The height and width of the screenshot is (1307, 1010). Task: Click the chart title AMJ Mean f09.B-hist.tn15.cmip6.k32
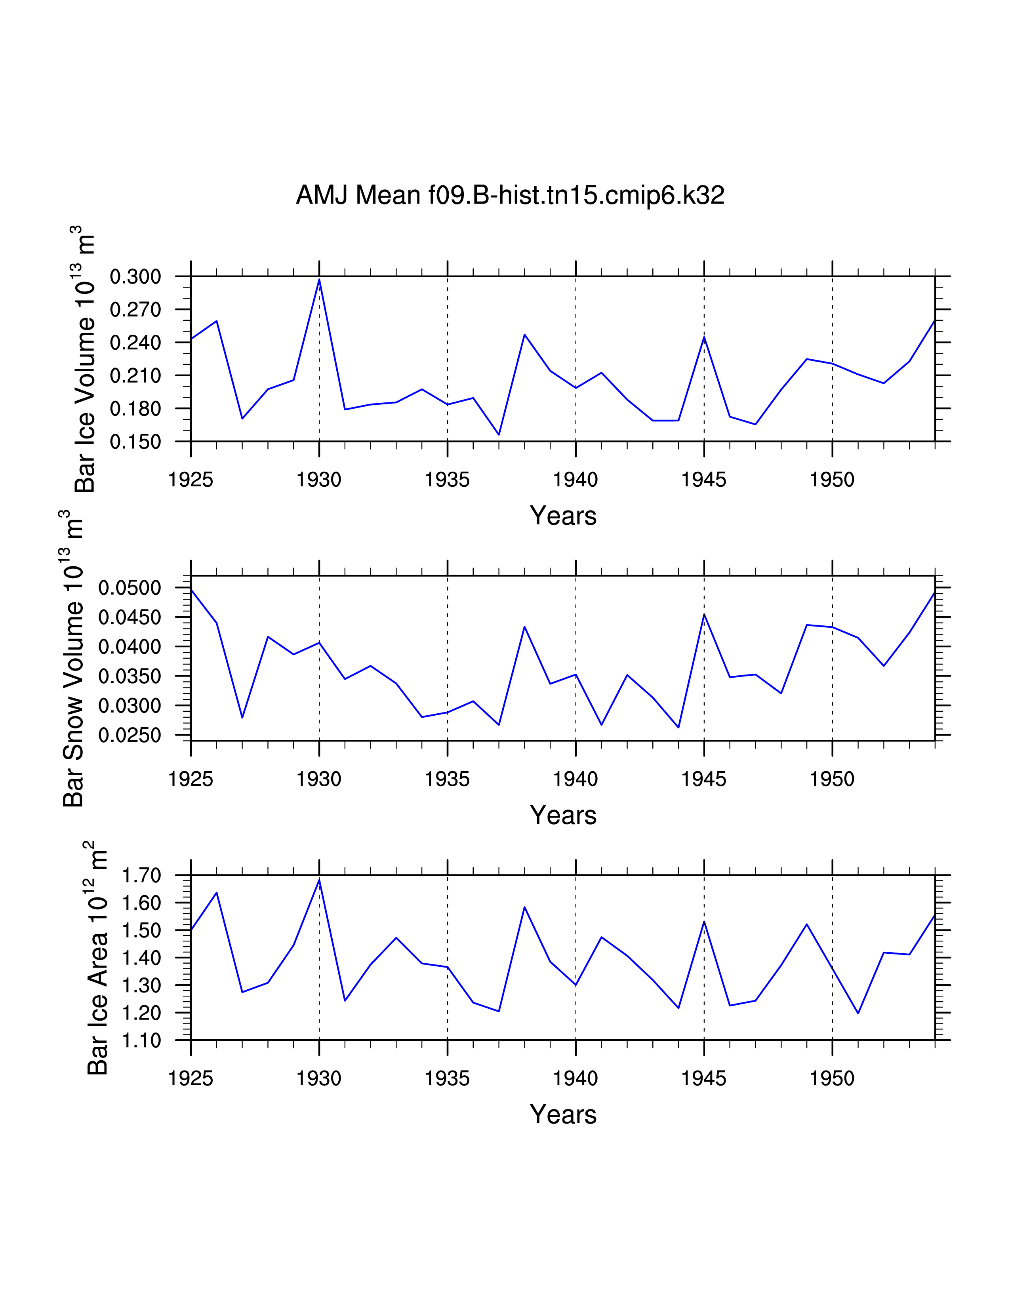(x=510, y=195)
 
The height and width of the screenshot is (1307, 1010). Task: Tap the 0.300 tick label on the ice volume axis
(x=135, y=277)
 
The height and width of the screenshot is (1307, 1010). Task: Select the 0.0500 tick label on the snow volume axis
(x=130, y=588)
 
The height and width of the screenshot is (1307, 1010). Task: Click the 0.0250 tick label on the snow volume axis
(x=130, y=735)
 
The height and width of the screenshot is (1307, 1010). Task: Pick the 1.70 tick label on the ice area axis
(x=141, y=876)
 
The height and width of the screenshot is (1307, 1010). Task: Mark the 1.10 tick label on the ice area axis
(x=141, y=1041)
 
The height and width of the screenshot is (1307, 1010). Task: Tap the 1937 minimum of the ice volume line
(x=499, y=434)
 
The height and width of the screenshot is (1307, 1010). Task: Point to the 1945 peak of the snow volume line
(x=704, y=614)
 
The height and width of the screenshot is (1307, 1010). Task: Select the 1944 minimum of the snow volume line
(x=678, y=728)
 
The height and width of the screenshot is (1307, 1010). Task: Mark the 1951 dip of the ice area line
(x=858, y=1013)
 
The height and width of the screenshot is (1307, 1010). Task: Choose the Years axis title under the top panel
(x=563, y=516)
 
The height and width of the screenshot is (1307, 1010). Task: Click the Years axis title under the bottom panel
(x=563, y=1114)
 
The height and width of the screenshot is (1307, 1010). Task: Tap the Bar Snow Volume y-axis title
(x=74, y=658)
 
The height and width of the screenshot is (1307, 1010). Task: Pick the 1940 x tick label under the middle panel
(x=575, y=779)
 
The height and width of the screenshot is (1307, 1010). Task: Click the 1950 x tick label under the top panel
(x=832, y=480)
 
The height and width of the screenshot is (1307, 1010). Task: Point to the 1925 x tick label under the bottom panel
(x=191, y=1078)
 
